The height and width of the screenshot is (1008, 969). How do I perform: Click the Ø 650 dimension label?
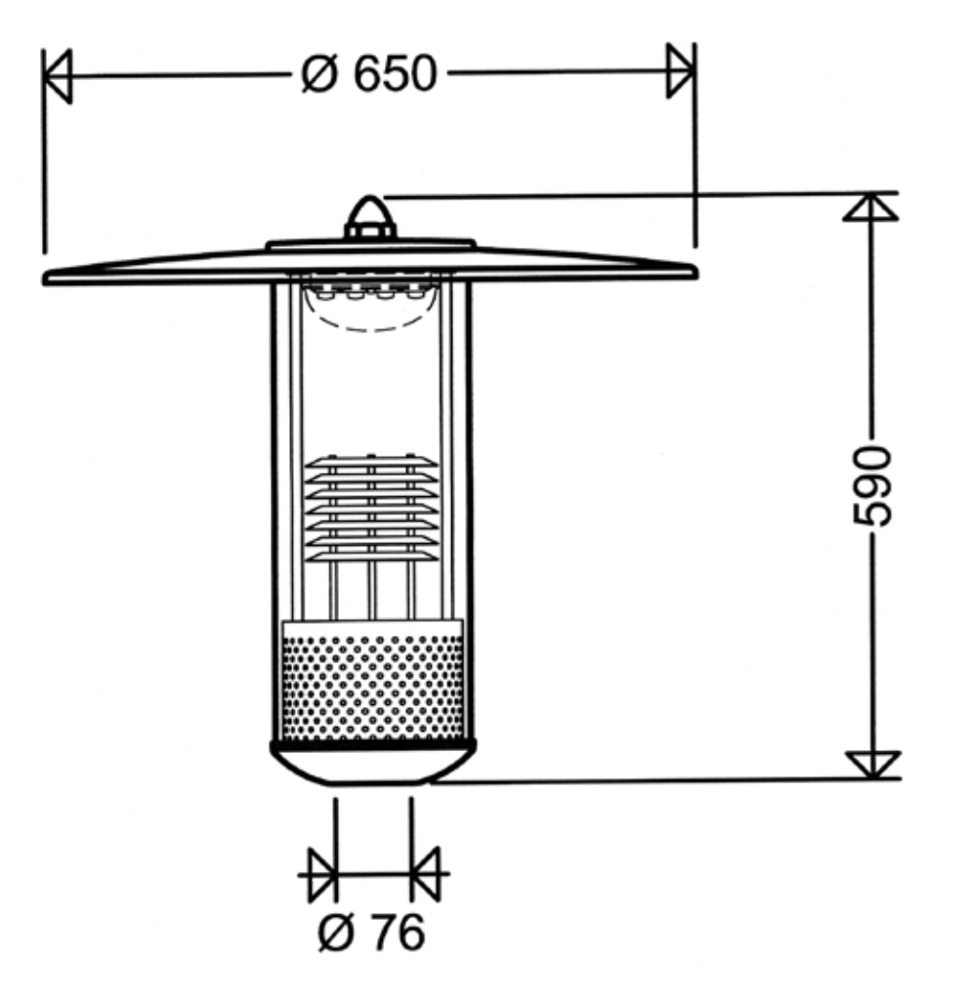click(x=369, y=74)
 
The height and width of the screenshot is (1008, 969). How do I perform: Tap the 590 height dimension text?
click(x=872, y=486)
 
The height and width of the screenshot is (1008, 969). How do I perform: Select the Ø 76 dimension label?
click(x=371, y=932)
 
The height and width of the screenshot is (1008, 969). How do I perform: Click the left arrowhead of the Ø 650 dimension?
click(x=57, y=76)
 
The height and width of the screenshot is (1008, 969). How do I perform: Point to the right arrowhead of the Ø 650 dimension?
click(x=680, y=70)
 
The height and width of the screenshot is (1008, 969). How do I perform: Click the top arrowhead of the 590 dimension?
click(x=870, y=207)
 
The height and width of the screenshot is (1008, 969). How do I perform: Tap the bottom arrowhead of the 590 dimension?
click(x=872, y=765)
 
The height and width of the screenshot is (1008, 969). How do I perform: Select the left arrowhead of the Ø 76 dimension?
click(x=322, y=874)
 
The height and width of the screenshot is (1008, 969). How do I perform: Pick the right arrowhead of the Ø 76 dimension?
click(x=425, y=874)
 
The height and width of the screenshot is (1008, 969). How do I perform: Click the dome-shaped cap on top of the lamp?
click(x=370, y=210)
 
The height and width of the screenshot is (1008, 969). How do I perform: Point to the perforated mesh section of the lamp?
click(x=372, y=688)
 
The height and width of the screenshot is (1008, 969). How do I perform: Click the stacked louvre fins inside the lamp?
click(x=371, y=508)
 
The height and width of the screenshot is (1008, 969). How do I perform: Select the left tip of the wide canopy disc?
click(x=44, y=278)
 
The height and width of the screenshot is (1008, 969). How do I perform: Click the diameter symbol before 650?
click(x=318, y=74)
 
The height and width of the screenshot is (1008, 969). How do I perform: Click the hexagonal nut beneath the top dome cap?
click(x=370, y=231)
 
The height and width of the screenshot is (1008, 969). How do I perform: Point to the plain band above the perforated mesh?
click(x=372, y=628)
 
